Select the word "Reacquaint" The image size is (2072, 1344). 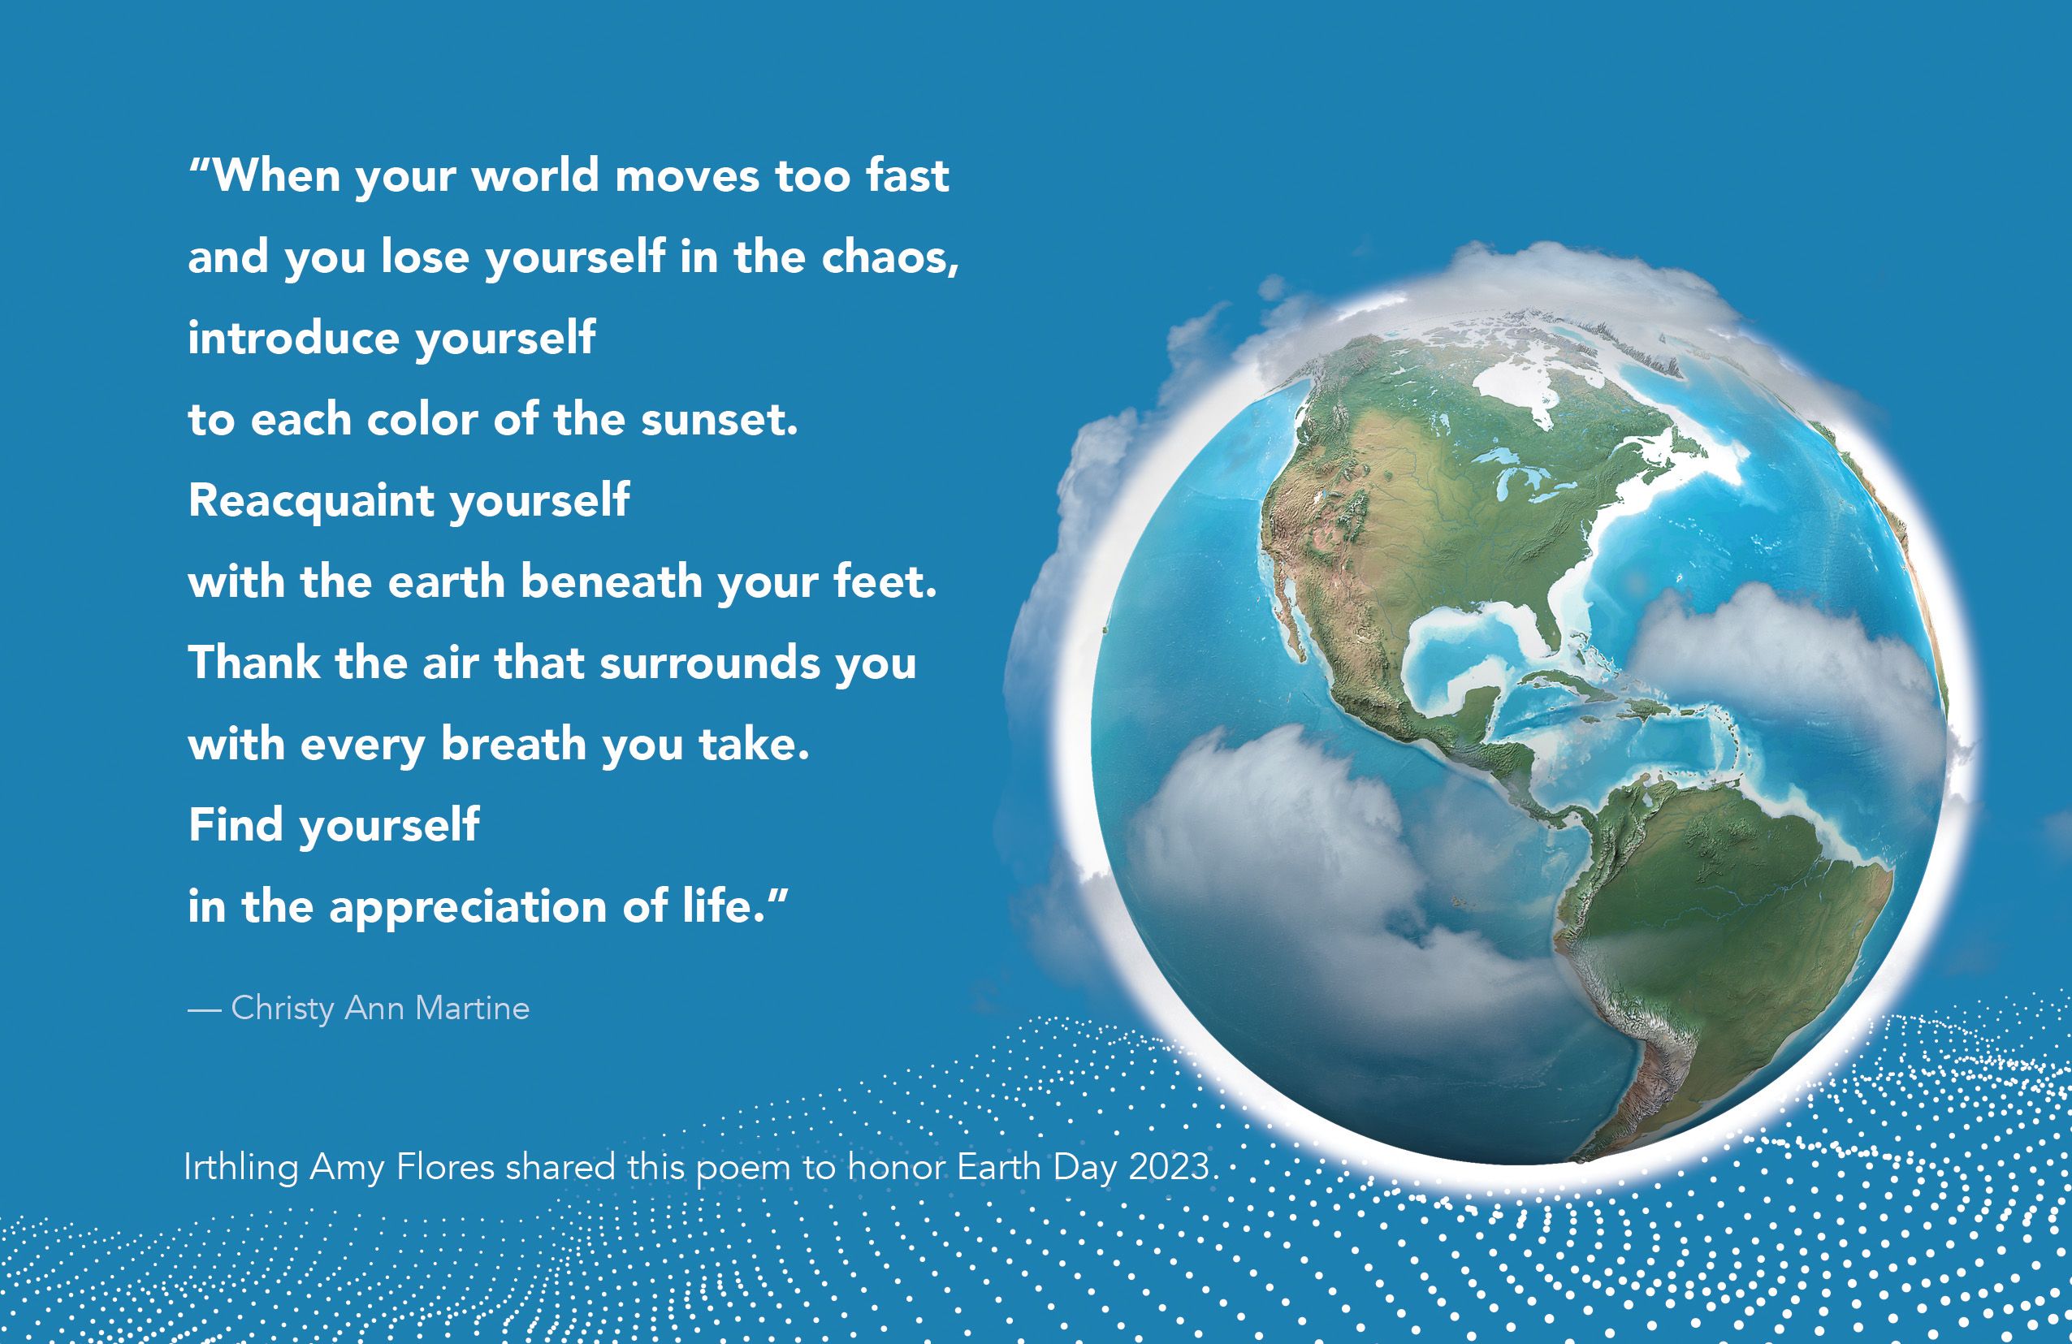point(312,500)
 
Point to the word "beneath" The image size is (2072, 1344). point(611,581)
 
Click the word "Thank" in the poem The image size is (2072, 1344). point(254,662)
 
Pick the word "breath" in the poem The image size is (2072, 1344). point(513,743)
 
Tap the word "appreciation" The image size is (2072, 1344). point(468,908)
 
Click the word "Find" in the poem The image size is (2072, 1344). point(236,824)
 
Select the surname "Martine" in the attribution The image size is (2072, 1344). point(473,1008)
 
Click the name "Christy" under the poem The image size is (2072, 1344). point(283,1009)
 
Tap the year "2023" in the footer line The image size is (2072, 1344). point(1169,1165)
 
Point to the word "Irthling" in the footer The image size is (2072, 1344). point(241,1167)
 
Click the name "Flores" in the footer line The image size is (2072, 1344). point(446,1166)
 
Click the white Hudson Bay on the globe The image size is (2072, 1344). point(1532,383)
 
